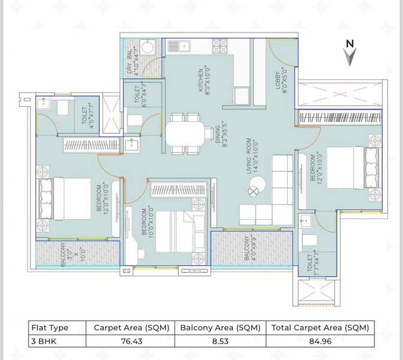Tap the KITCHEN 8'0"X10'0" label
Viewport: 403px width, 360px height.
tap(203, 80)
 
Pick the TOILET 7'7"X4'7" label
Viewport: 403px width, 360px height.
tap(313, 265)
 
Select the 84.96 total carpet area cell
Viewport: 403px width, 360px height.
tap(319, 341)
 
